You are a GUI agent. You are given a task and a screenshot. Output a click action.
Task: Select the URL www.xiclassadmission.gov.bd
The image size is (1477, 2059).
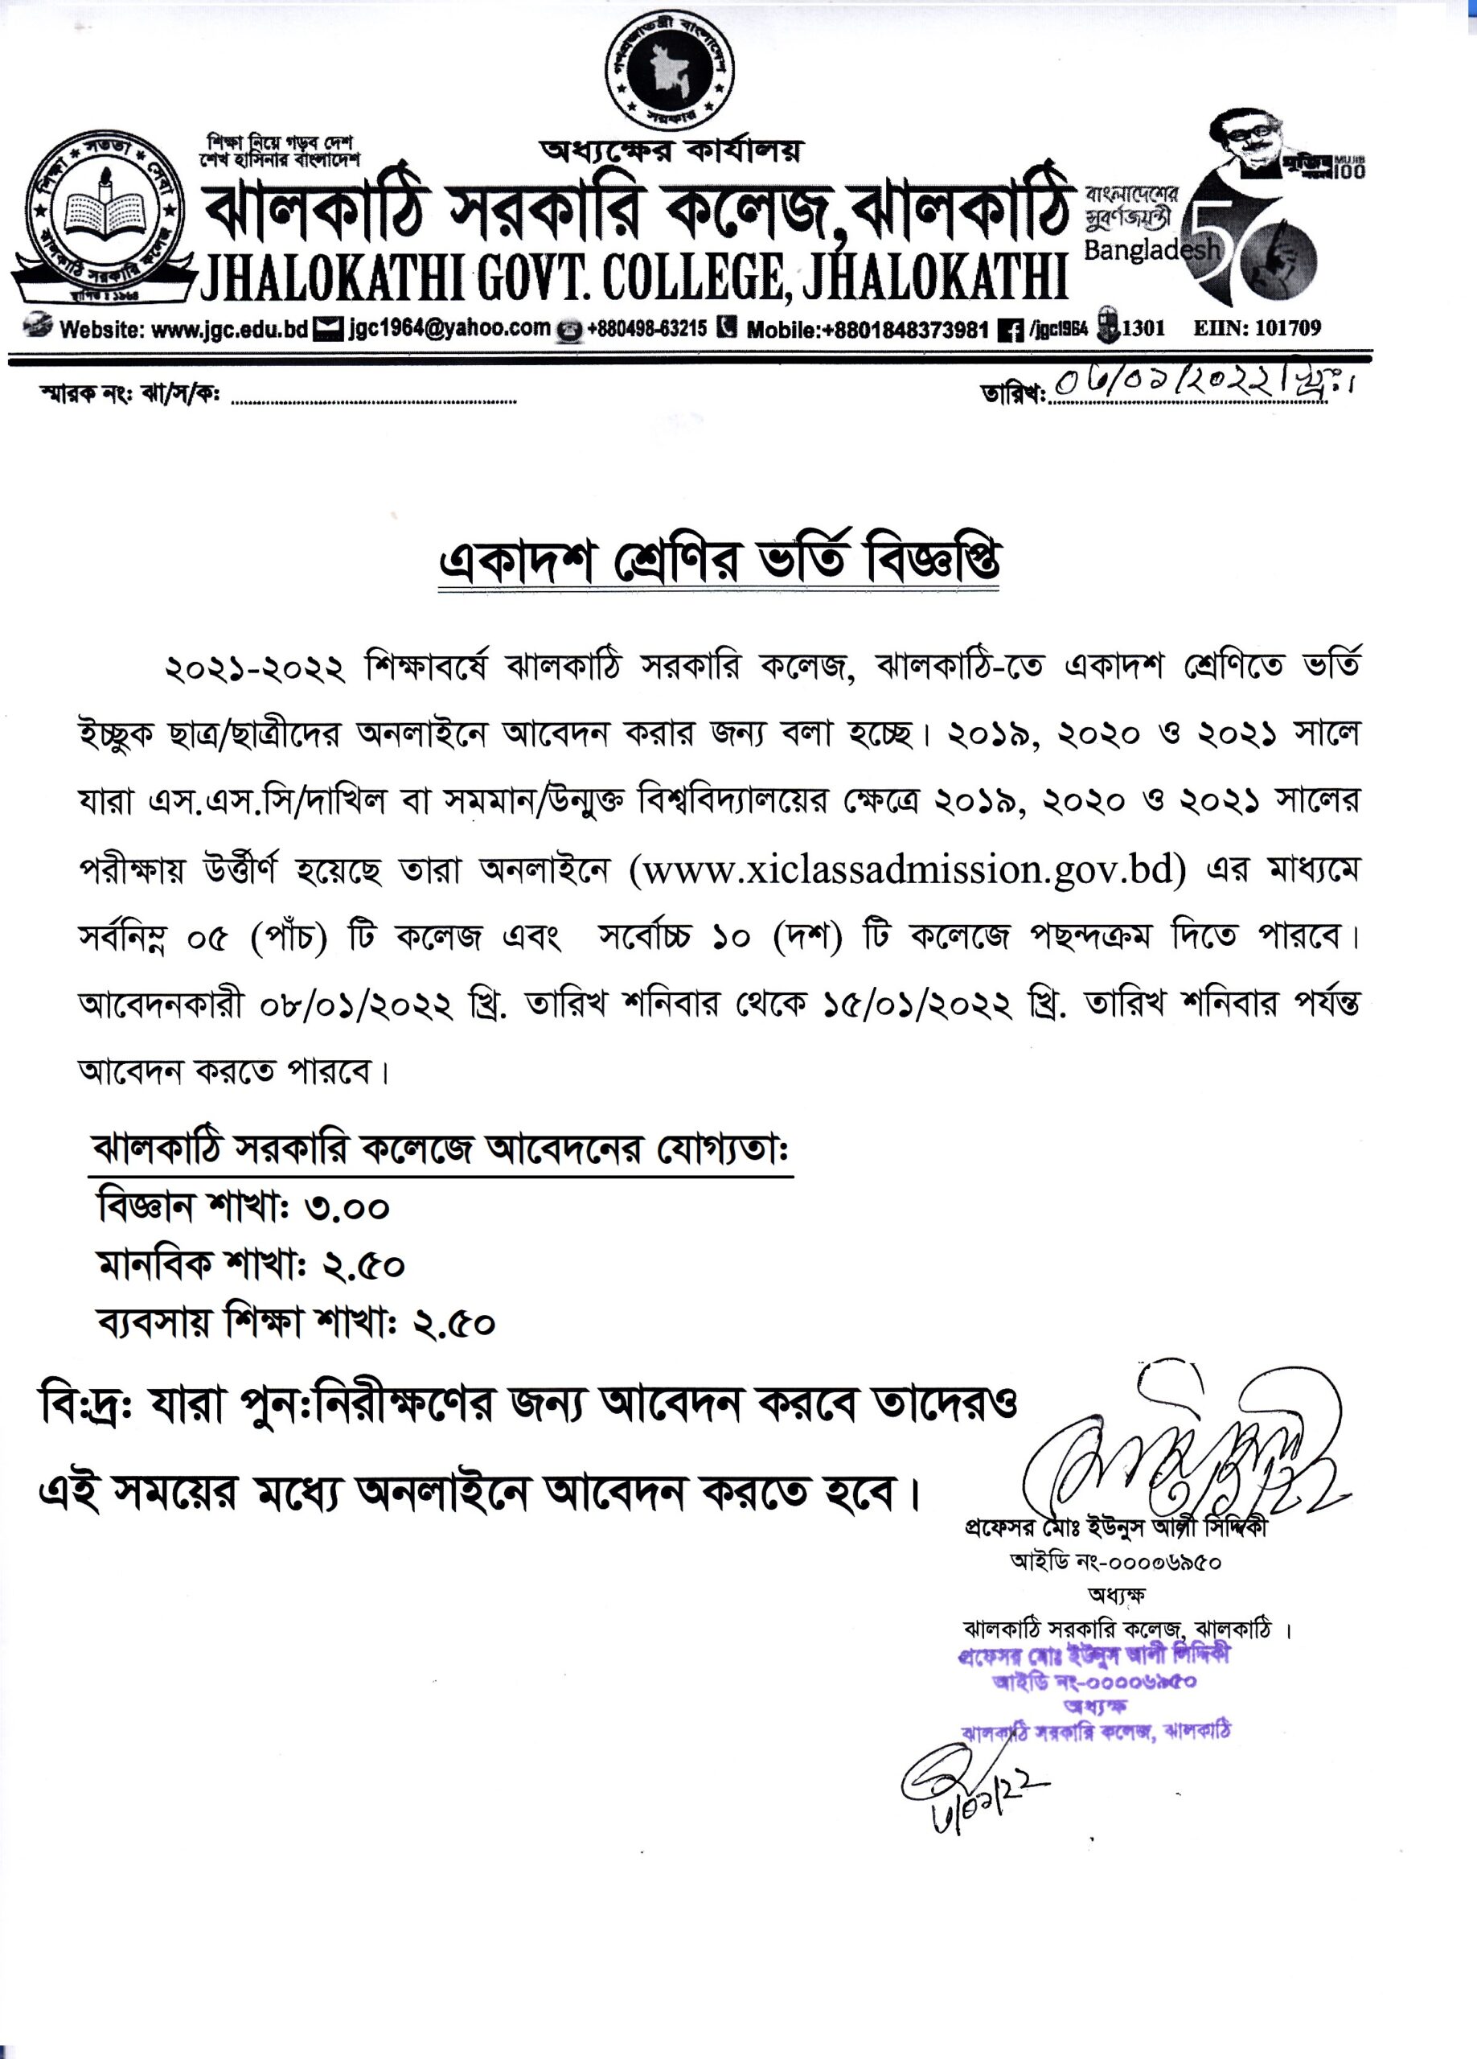pyautogui.click(x=908, y=869)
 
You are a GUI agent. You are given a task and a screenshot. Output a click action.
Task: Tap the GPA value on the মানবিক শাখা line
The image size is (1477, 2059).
pyautogui.click(x=363, y=1265)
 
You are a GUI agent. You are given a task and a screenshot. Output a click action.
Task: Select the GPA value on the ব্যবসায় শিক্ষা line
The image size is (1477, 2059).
pyautogui.click(x=454, y=1324)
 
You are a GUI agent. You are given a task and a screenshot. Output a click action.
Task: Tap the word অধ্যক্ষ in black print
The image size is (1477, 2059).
pyautogui.click(x=1116, y=1594)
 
